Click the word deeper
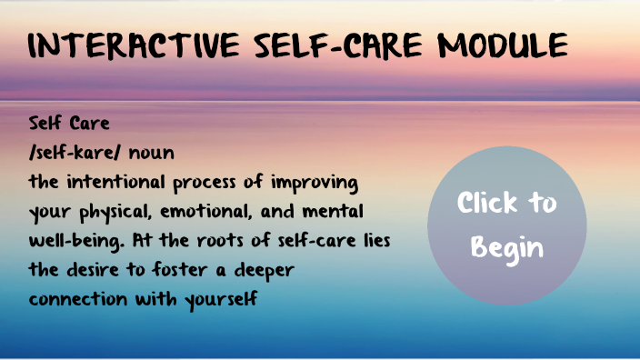click(269, 273)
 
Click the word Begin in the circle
click(507, 247)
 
